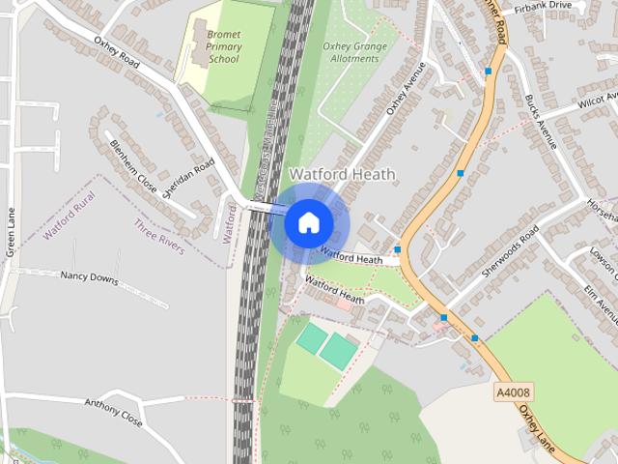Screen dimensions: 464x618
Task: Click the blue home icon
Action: (x=308, y=222)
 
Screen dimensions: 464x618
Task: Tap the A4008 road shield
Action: (x=513, y=391)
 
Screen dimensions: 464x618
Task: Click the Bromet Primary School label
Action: (x=223, y=45)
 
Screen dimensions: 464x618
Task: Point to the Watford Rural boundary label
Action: (x=70, y=216)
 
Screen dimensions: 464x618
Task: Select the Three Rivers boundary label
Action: (x=159, y=237)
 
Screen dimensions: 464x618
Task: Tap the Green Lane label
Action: (x=11, y=236)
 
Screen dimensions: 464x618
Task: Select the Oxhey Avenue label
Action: (x=406, y=89)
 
